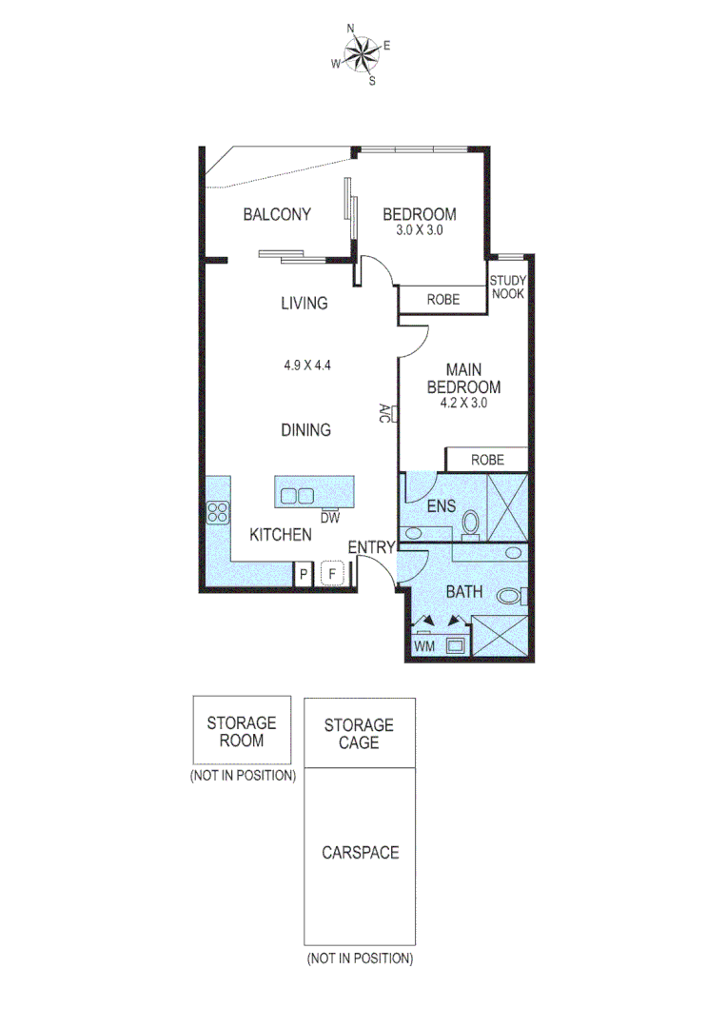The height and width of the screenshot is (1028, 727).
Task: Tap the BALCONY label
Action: point(277,214)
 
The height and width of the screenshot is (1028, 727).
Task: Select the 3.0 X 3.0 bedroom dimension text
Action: point(419,230)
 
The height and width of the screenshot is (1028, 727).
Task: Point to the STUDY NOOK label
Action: point(507,287)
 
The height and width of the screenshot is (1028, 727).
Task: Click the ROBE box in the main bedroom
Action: point(487,459)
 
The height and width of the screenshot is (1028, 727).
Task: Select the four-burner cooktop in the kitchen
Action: point(218,513)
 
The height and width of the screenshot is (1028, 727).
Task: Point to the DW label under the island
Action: point(330,518)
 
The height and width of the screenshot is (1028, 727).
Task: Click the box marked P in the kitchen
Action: point(303,574)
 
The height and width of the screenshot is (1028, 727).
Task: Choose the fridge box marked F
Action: point(332,574)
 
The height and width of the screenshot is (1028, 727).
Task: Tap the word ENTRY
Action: point(371,546)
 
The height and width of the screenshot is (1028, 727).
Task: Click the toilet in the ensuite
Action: point(469,524)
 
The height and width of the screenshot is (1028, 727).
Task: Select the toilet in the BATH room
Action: point(510,597)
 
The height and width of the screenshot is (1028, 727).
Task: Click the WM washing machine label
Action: point(424,647)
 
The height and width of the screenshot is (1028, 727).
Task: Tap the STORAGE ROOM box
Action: point(242,731)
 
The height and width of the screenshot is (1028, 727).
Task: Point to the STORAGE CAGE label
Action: point(359,733)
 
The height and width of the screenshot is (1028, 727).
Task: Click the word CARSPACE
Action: point(360,852)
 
